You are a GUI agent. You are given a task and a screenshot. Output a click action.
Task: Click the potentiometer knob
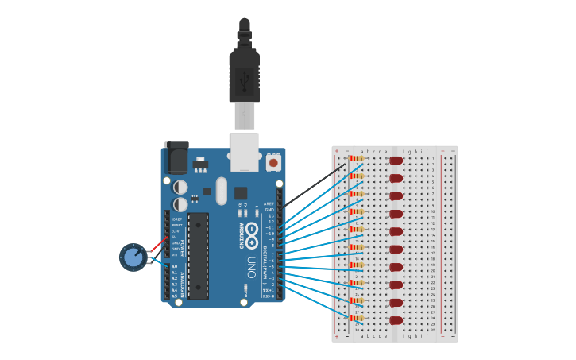[x=133, y=257]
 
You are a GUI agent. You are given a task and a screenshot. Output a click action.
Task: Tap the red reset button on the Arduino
[x=273, y=163]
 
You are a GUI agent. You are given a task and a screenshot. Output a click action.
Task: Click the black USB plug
[x=244, y=75]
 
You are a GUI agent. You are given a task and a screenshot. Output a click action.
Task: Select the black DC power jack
[x=176, y=158]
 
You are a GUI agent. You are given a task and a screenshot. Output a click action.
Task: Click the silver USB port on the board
[x=244, y=151]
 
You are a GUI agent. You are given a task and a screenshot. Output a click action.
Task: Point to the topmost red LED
[x=396, y=161]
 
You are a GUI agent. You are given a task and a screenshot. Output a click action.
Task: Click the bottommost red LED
[x=396, y=320]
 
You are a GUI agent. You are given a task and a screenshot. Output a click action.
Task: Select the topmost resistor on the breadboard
[x=357, y=158]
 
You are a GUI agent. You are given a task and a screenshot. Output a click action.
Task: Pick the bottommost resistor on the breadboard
[x=357, y=318]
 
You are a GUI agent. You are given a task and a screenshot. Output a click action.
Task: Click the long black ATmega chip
[x=198, y=255]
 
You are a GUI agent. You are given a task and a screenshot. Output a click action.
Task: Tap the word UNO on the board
[x=250, y=264]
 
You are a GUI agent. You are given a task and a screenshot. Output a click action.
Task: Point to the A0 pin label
[x=175, y=267]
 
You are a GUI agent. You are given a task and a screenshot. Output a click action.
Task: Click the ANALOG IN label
[x=182, y=281]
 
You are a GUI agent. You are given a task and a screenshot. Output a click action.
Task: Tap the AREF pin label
[x=269, y=203]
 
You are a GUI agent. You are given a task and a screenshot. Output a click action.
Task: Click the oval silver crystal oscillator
[x=221, y=191]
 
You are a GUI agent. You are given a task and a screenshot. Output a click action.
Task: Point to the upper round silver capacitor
[x=180, y=188]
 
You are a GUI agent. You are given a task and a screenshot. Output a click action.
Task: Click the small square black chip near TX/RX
[x=240, y=193]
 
